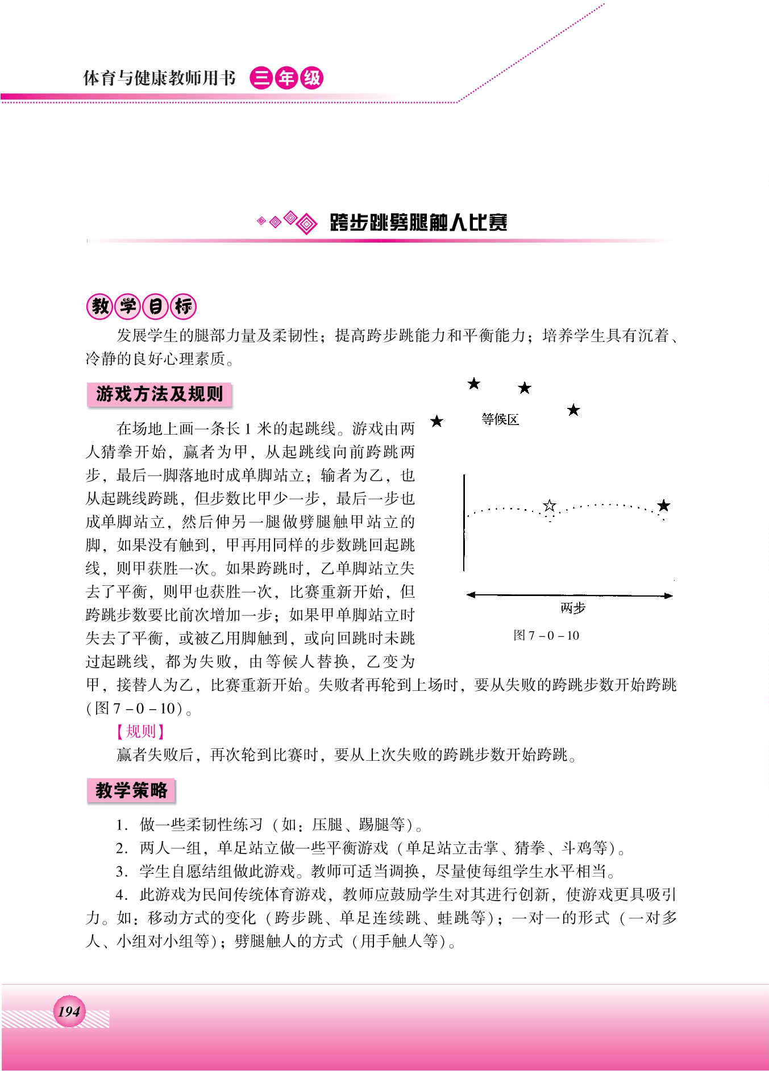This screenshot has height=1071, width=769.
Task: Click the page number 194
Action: (69, 1011)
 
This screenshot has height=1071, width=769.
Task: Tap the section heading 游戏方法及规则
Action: (159, 394)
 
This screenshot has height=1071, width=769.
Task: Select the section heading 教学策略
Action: (131, 790)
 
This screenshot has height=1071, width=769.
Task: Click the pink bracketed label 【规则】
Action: (140, 731)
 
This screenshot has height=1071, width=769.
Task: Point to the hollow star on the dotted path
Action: (549, 505)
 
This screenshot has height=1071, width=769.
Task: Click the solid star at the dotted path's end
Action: (663, 505)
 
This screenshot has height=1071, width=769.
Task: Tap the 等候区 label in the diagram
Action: (500, 419)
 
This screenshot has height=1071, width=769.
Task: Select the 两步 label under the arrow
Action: (572, 609)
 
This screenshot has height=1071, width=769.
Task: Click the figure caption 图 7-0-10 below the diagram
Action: (546, 635)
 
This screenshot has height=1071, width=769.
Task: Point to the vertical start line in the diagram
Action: (464, 523)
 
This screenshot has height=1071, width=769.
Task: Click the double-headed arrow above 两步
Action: (569, 595)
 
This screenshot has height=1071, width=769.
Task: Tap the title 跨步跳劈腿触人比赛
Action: (418, 222)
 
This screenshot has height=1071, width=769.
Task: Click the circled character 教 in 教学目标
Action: (100, 306)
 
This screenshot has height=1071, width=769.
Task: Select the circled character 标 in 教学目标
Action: (183, 306)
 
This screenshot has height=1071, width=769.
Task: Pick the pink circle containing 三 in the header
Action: (261, 78)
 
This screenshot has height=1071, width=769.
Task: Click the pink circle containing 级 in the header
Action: (311, 78)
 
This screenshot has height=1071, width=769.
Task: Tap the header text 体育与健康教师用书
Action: (159, 78)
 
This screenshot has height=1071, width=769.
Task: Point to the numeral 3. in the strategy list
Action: (121, 871)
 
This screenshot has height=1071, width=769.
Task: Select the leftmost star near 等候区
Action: (437, 421)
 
